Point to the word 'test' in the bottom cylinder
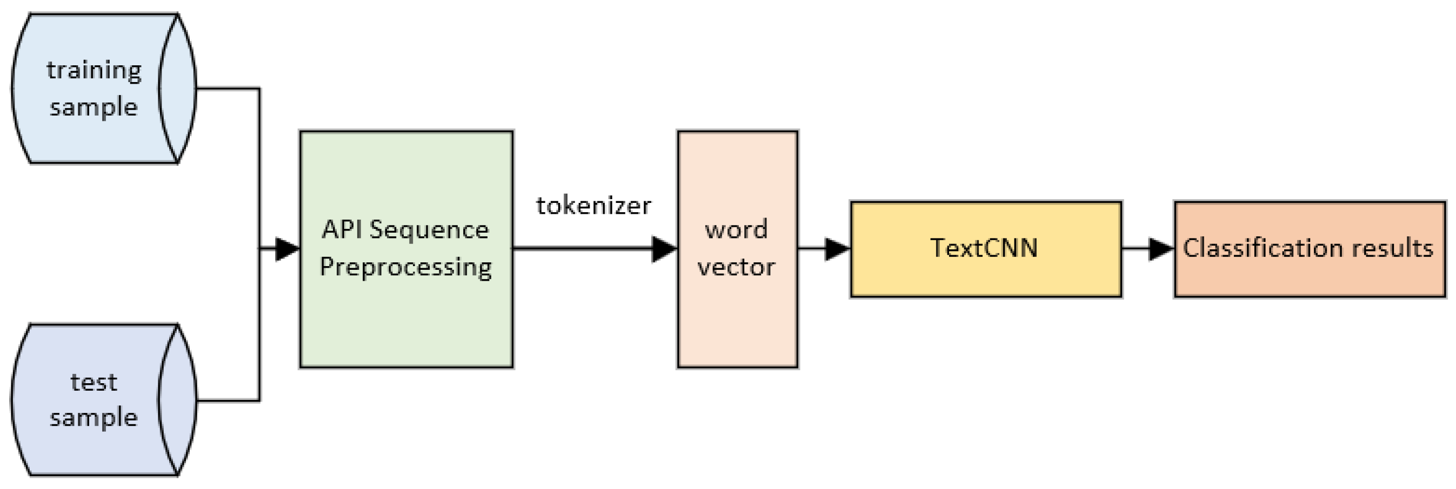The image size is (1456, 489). click(x=94, y=382)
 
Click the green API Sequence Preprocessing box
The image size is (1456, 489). click(x=406, y=316)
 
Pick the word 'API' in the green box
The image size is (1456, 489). click(x=342, y=230)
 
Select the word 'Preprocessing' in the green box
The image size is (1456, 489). click(x=406, y=267)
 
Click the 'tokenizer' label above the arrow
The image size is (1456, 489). click(x=593, y=206)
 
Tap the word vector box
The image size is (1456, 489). click(x=737, y=316)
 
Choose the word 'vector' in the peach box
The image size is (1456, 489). click(x=737, y=267)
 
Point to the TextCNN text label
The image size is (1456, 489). click(x=984, y=248)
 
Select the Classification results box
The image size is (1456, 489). click(x=1309, y=277)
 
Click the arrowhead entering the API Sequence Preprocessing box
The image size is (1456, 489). click(x=287, y=248)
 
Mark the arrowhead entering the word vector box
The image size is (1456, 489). click(x=664, y=248)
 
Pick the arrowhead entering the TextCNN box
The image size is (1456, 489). click(x=837, y=248)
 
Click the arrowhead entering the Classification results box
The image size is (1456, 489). click(x=1161, y=248)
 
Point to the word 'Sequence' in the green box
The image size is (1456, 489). click(x=429, y=230)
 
